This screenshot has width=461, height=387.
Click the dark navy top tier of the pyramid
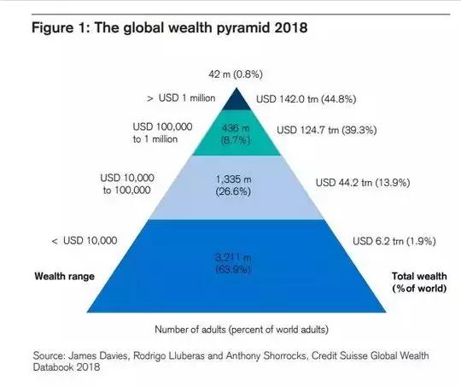pyautogui.click(x=236, y=102)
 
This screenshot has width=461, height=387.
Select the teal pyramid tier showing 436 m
pyautogui.click(x=236, y=132)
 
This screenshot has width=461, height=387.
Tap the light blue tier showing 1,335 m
pyautogui.click(x=236, y=187)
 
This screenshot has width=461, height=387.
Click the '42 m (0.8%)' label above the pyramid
pyautogui.click(x=236, y=74)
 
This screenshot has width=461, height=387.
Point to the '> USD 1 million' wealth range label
pyautogui.click(x=181, y=98)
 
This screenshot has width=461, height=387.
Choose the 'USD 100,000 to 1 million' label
pyautogui.click(x=162, y=132)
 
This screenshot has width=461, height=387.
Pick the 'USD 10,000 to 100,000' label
pyautogui.click(x=127, y=184)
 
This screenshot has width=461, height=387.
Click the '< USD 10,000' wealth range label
pyautogui.click(x=85, y=241)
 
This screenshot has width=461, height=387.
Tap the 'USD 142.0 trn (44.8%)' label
pyautogui.click(x=306, y=99)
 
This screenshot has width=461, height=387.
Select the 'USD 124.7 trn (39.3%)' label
pyautogui.click(x=327, y=130)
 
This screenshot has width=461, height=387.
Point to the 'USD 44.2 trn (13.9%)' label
pyautogui.click(x=363, y=183)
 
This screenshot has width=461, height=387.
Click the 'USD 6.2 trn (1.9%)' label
pyautogui.click(x=394, y=241)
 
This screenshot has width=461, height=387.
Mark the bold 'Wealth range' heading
pyautogui.click(x=64, y=276)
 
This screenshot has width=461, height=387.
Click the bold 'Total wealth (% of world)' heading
pyautogui.click(x=419, y=282)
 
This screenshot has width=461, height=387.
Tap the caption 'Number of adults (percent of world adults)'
pyautogui.click(x=242, y=330)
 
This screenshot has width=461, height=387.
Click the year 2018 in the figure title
pyautogui.click(x=291, y=27)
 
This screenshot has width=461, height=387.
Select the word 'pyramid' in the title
pyautogui.click(x=243, y=28)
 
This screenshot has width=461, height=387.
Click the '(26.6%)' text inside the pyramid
pyautogui.click(x=233, y=192)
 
